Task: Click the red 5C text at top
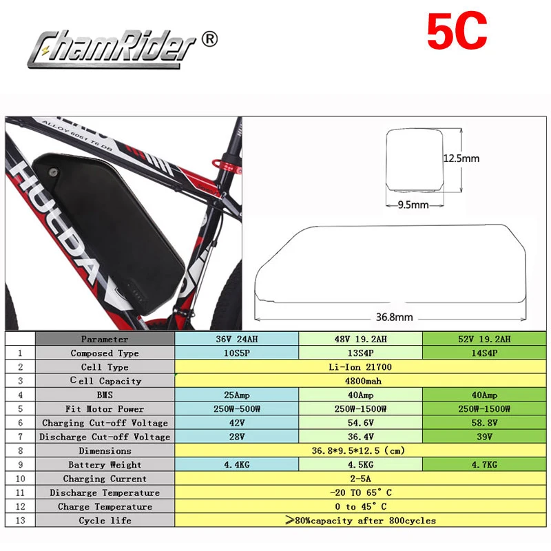457,30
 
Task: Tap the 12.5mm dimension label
461,158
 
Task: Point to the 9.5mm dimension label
411,205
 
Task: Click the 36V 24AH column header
236,339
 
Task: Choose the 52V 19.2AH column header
486,339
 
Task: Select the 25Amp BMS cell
236,395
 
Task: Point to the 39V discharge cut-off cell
486,437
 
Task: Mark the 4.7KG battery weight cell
486,465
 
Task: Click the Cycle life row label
105,521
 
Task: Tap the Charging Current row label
105,479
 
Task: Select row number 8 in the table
21,450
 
